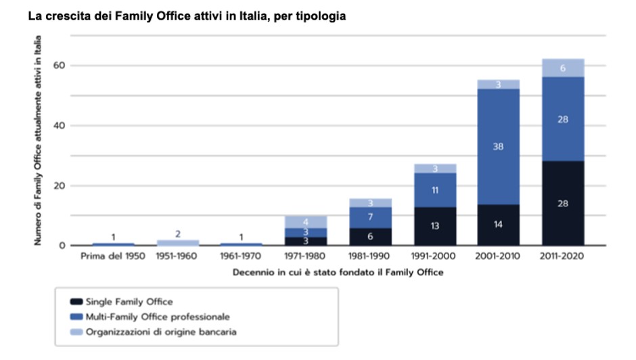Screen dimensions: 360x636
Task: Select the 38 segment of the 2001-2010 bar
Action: tap(499, 145)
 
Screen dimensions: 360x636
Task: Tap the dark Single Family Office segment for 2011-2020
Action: tap(562, 203)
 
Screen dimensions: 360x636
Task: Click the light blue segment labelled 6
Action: tap(562, 68)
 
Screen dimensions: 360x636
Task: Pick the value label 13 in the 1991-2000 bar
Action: tap(434, 226)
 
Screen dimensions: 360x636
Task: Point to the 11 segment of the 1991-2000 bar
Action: tap(434, 190)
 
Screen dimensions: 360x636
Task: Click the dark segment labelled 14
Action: tap(499, 224)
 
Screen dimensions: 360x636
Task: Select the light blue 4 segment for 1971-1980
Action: tap(305, 222)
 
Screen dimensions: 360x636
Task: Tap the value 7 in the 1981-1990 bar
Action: tap(370, 217)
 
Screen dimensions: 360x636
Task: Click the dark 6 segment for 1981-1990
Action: tap(370, 236)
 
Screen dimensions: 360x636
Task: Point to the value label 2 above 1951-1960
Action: tap(178, 234)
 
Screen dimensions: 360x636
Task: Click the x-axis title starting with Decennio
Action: tap(338, 272)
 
